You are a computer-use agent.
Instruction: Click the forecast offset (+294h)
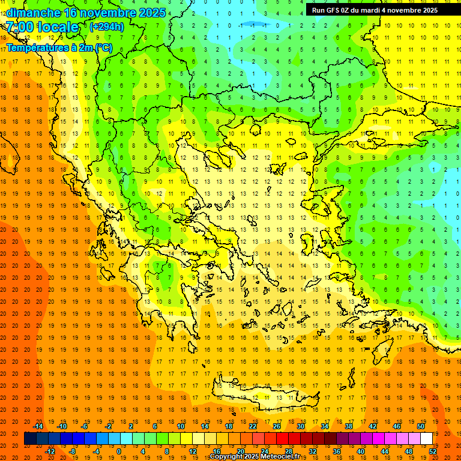[107, 27]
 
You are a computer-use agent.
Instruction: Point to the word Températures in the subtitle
[35, 47]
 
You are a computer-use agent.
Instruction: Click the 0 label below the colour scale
[118, 451]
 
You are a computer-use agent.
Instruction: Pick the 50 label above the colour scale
[420, 426]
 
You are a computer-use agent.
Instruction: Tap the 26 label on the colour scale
[277, 426]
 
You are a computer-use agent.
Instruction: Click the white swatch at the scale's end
[426, 439]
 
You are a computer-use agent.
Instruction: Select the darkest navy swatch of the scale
[30, 439]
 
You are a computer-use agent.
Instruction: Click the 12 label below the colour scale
[192, 451]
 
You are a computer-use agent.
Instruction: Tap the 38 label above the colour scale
[349, 426]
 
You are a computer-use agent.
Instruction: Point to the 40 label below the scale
[361, 451]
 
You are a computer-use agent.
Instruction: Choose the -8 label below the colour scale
[72, 451]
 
